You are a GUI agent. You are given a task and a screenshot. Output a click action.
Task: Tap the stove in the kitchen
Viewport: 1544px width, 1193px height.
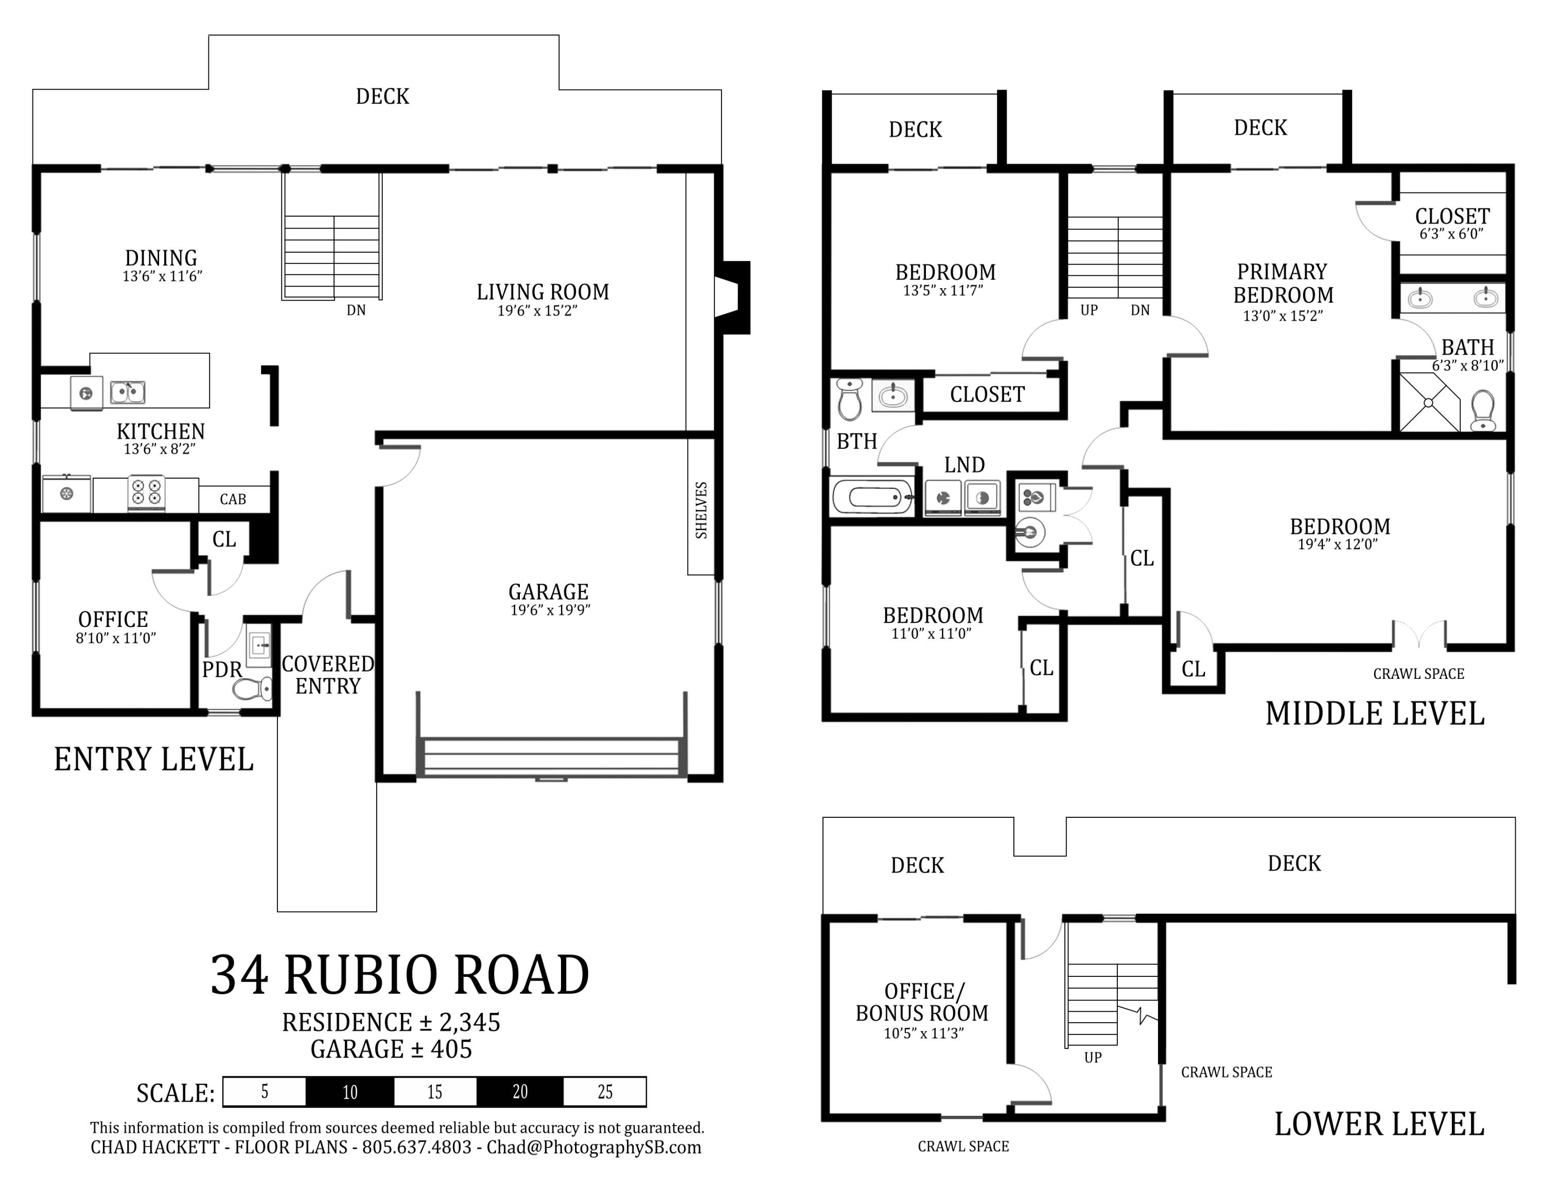146,492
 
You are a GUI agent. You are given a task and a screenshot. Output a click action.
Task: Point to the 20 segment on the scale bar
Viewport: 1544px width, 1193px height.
520,1092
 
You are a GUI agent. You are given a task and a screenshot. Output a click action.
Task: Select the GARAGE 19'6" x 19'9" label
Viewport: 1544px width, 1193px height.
549,599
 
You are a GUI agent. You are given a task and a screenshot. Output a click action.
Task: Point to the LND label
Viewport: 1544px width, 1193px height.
964,465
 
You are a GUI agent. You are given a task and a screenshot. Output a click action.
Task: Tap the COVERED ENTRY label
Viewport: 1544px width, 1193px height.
328,675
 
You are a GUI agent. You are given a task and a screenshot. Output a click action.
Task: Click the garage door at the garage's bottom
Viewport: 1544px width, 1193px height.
550,758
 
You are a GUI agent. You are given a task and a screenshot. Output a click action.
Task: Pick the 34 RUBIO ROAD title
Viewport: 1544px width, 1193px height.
399,975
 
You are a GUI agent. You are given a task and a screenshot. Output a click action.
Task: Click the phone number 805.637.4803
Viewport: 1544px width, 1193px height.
416,1147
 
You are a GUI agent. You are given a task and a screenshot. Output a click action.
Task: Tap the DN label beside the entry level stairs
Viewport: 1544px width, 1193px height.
356,310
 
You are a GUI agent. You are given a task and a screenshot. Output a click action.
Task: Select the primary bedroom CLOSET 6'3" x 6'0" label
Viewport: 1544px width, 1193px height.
1452,223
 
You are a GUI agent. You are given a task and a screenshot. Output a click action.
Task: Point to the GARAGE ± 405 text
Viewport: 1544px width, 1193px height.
391,1049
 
